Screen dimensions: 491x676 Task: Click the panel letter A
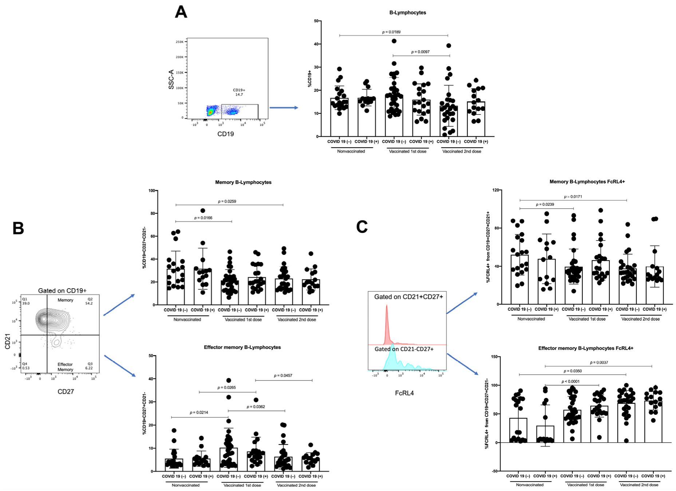(x=181, y=12)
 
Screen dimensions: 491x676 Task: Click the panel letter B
(x=18, y=228)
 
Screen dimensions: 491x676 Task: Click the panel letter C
(x=362, y=227)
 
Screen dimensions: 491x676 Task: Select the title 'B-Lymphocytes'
(x=407, y=12)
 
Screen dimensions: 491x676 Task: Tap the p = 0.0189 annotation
(x=391, y=32)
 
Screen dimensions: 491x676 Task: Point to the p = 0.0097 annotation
(x=420, y=52)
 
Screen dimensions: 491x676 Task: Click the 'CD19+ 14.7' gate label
(x=239, y=92)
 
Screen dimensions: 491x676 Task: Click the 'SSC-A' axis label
(x=171, y=79)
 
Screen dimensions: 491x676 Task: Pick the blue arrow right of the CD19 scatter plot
(x=284, y=108)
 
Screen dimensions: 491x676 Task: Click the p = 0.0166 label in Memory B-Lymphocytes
(x=203, y=218)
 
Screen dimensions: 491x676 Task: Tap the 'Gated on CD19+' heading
(x=62, y=290)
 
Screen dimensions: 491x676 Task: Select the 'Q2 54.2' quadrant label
(x=89, y=301)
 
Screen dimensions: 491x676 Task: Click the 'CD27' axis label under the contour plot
(x=66, y=391)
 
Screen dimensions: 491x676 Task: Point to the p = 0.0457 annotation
(x=283, y=375)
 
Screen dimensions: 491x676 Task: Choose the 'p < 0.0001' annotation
(x=570, y=381)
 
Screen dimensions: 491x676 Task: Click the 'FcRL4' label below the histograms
(x=404, y=393)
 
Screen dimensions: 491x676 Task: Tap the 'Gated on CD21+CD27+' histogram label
(x=408, y=297)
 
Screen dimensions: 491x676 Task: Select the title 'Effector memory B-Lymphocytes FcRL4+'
(x=585, y=348)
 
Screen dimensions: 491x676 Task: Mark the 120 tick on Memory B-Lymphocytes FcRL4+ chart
(x=495, y=190)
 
